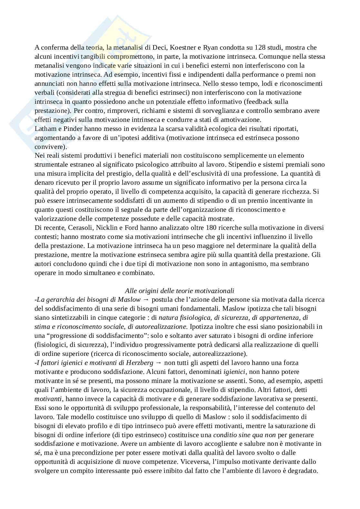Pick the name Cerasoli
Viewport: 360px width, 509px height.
80,228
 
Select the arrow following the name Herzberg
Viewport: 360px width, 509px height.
158,363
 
